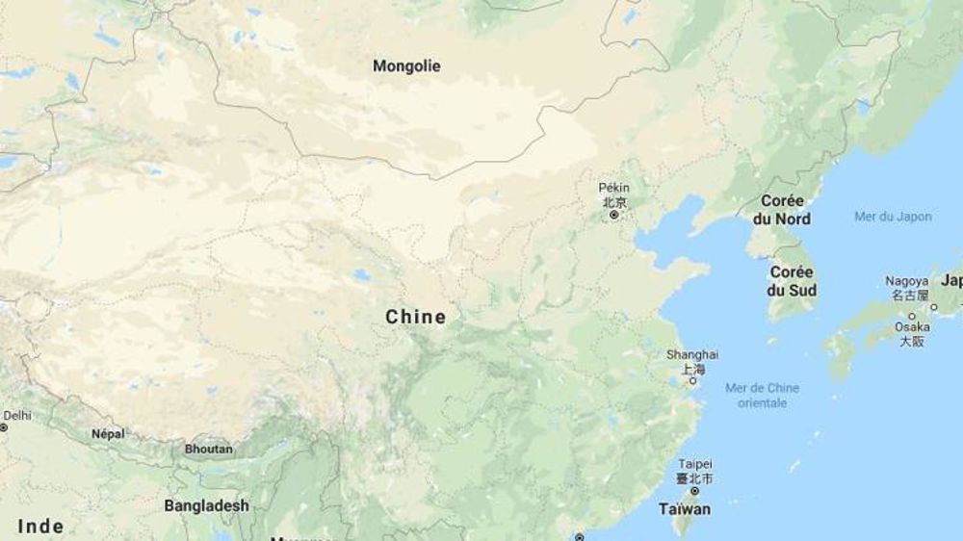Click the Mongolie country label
[x=406, y=66]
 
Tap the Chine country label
[x=415, y=317]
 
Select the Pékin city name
[x=613, y=187]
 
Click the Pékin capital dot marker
[x=613, y=215]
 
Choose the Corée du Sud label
[x=794, y=281]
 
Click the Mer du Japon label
[x=893, y=217]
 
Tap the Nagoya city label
[x=907, y=281]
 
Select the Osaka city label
[x=912, y=327]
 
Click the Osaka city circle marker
[x=911, y=315]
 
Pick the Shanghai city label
[x=692, y=354]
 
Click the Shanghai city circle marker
[x=692, y=381]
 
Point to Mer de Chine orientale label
[x=762, y=396]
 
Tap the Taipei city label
[x=694, y=464]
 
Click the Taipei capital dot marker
[x=694, y=491]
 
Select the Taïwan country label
[x=685, y=509]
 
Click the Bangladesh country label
[x=206, y=505]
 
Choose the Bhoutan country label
[x=208, y=449]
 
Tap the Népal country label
[x=108, y=434]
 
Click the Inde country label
[x=41, y=527]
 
